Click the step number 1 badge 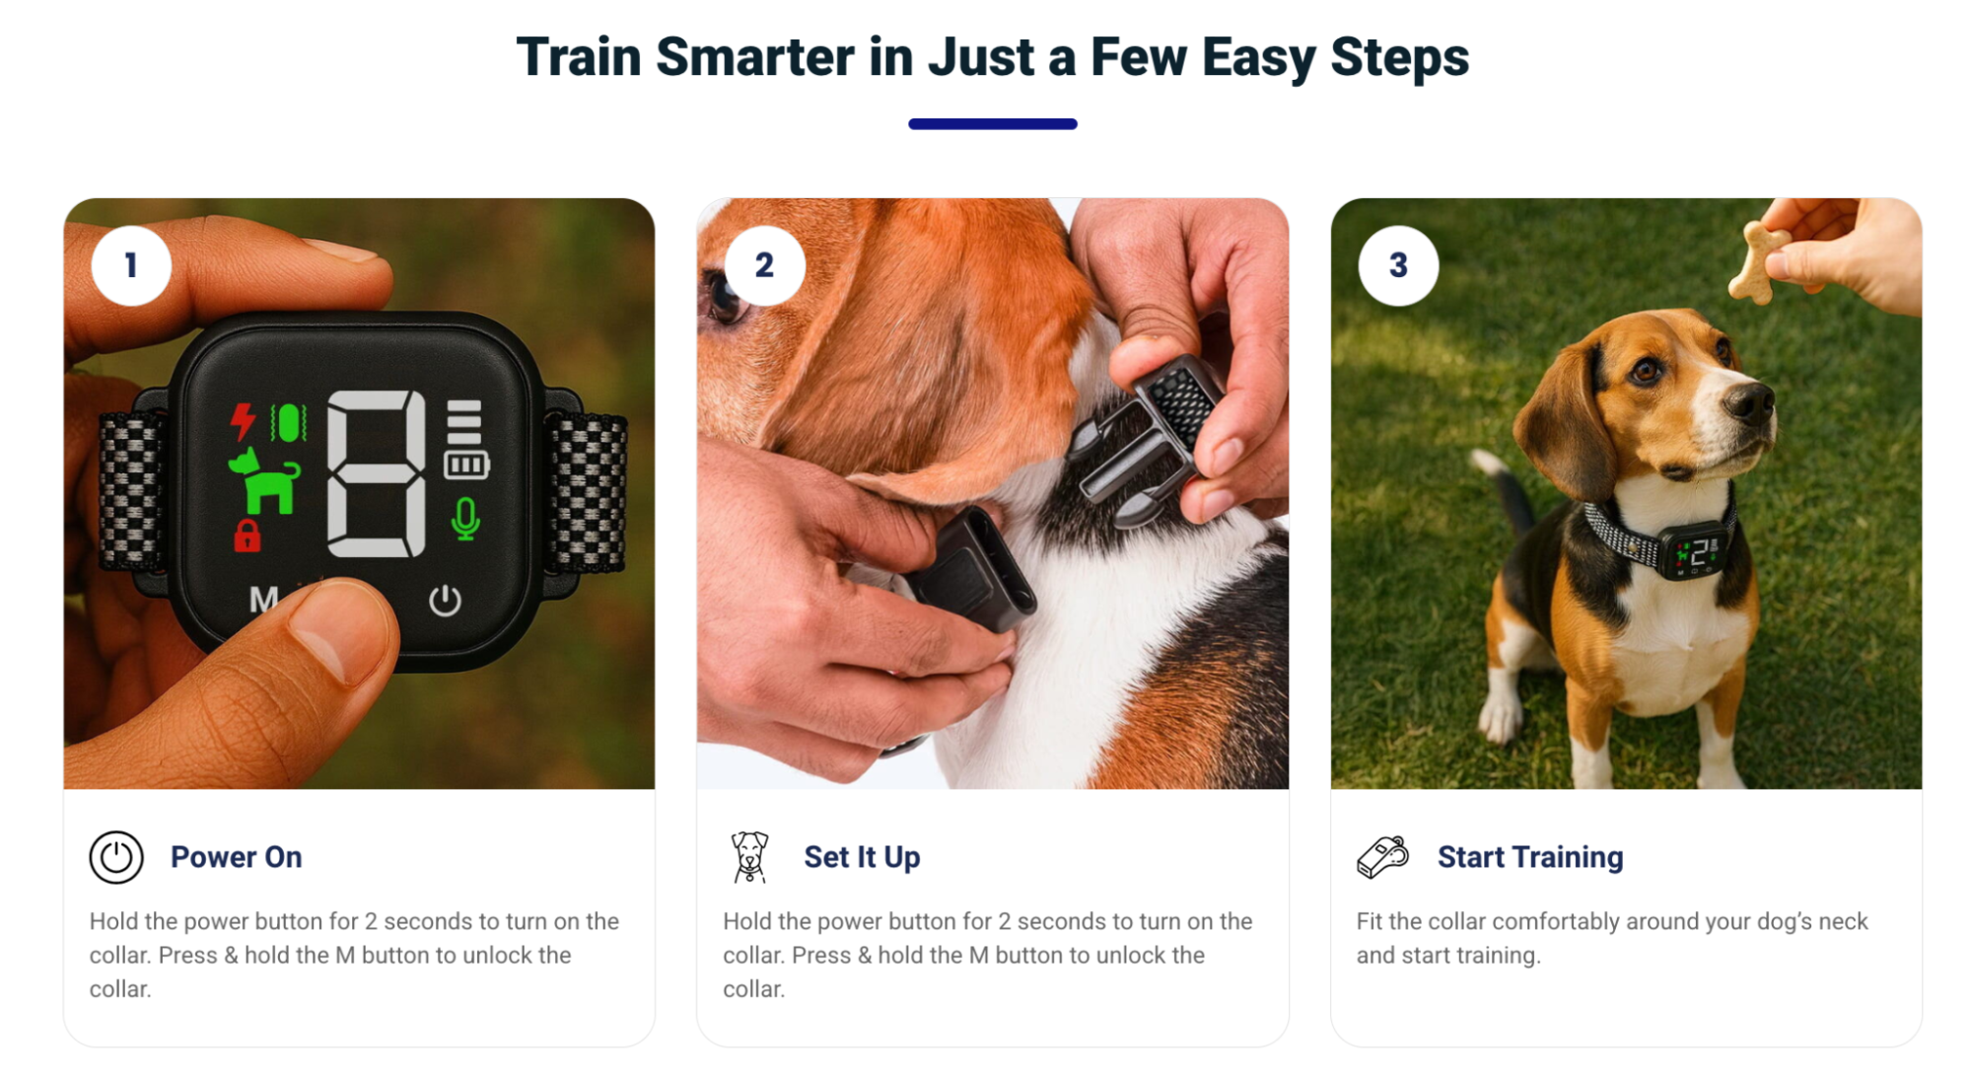pyautogui.click(x=131, y=265)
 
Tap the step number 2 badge pyautogui.click(x=764, y=265)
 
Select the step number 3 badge pyautogui.click(x=1398, y=265)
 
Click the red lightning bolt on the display pyautogui.click(x=243, y=421)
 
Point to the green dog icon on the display pyautogui.click(x=264, y=481)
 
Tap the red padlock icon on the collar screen pyautogui.click(x=247, y=536)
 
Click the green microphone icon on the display pyautogui.click(x=465, y=519)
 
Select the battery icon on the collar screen pyautogui.click(x=466, y=465)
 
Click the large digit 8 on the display pyautogui.click(x=377, y=473)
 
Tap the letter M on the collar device pyautogui.click(x=263, y=600)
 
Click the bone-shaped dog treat pyautogui.click(x=1758, y=261)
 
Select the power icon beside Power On pyautogui.click(x=116, y=857)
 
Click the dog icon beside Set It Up pyautogui.click(x=749, y=856)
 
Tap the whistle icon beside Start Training pyautogui.click(x=1382, y=857)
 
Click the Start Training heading pyautogui.click(x=1529, y=857)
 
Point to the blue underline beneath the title pyautogui.click(x=993, y=124)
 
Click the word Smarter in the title pyautogui.click(x=755, y=57)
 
